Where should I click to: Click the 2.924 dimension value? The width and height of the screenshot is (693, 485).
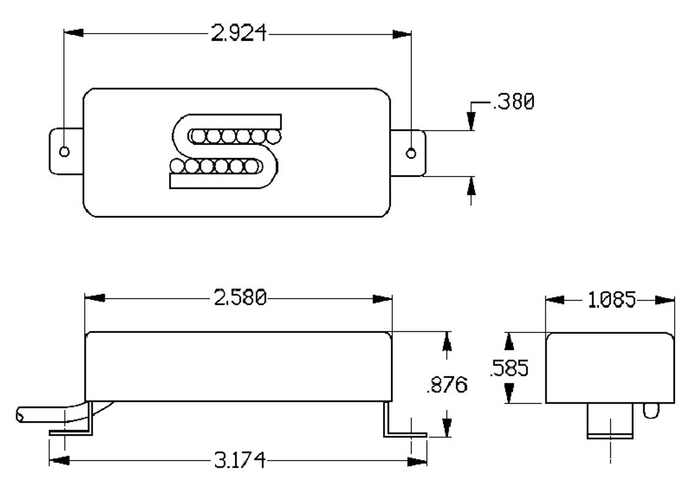pyautogui.click(x=239, y=34)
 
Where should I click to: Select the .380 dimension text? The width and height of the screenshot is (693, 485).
pyautogui.click(x=513, y=102)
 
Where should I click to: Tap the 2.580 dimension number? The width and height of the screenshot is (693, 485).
pyautogui.click(x=240, y=298)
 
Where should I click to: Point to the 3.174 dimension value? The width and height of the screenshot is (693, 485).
pyautogui.click(x=239, y=461)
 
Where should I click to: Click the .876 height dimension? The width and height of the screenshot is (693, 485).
pyautogui.click(x=447, y=385)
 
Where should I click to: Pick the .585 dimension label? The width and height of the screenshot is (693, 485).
pyautogui.click(x=508, y=369)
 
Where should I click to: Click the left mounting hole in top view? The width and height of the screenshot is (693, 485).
pyautogui.click(x=64, y=152)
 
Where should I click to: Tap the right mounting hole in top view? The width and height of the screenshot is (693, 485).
pyautogui.click(x=411, y=153)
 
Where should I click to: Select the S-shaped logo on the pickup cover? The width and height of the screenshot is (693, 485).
pyautogui.click(x=225, y=151)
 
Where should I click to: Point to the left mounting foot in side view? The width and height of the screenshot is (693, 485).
pyautogui.click(x=73, y=425)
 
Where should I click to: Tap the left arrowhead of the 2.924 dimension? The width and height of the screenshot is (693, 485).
pyautogui.click(x=74, y=34)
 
